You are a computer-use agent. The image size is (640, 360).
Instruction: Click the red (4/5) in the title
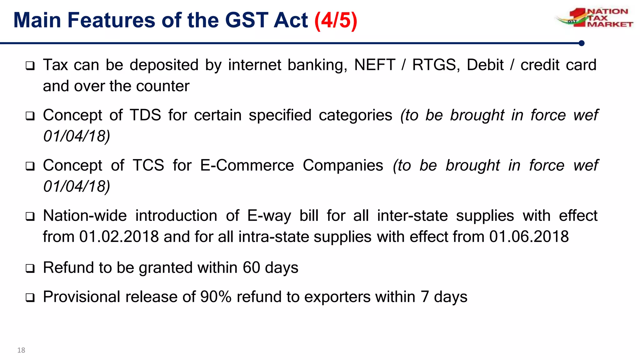click(x=336, y=21)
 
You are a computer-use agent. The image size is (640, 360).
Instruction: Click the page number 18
click(x=21, y=350)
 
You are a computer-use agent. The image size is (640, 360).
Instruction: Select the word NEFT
click(x=375, y=65)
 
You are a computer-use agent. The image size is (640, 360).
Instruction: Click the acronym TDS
click(x=145, y=115)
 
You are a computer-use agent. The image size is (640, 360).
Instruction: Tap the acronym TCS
click(x=148, y=165)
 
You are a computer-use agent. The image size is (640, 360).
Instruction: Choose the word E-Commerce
click(x=247, y=165)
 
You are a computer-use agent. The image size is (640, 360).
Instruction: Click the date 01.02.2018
click(x=119, y=237)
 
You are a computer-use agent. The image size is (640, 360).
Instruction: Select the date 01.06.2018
click(x=529, y=237)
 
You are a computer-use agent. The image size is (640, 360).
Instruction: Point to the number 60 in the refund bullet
click(x=251, y=268)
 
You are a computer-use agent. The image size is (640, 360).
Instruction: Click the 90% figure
click(x=216, y=297)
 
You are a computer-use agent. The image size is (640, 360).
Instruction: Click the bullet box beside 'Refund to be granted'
click(x=30, y=268)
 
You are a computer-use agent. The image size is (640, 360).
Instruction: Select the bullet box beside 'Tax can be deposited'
click(x=30, y=66)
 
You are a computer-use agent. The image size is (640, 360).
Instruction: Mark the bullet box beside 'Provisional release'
click(x=30, y=297)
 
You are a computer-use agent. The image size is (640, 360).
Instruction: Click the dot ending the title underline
click(x=582, y=43)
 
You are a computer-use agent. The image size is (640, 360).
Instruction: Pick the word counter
click(x=163, y=86)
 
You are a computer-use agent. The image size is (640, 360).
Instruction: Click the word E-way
click(x=269, y=216)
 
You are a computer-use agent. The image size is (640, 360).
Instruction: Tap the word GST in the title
click(x=247, y=21)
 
